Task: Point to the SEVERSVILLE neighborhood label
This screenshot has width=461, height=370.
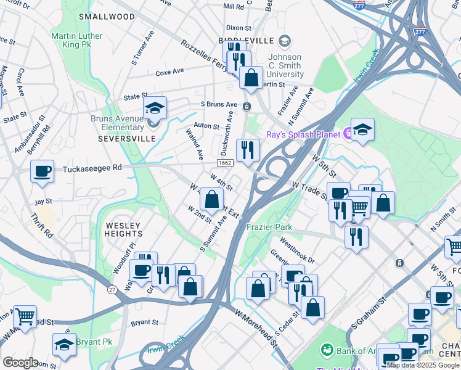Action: point(127,139)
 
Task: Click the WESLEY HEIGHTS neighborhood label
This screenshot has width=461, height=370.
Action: point(123,229)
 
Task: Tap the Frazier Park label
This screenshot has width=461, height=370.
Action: point(269,227)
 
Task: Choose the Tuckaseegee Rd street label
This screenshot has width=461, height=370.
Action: point(91,168)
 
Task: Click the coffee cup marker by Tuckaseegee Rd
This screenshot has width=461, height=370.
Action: point(42,172)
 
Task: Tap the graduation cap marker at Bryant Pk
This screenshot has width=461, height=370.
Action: point(64,345)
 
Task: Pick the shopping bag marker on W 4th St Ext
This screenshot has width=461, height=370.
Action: point(212,199)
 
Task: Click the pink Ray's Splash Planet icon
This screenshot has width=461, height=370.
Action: point(348,131)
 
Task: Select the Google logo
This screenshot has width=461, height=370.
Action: point(20,363)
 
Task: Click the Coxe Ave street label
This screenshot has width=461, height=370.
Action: point(170,72)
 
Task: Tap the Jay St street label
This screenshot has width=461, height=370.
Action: point(43,202)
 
